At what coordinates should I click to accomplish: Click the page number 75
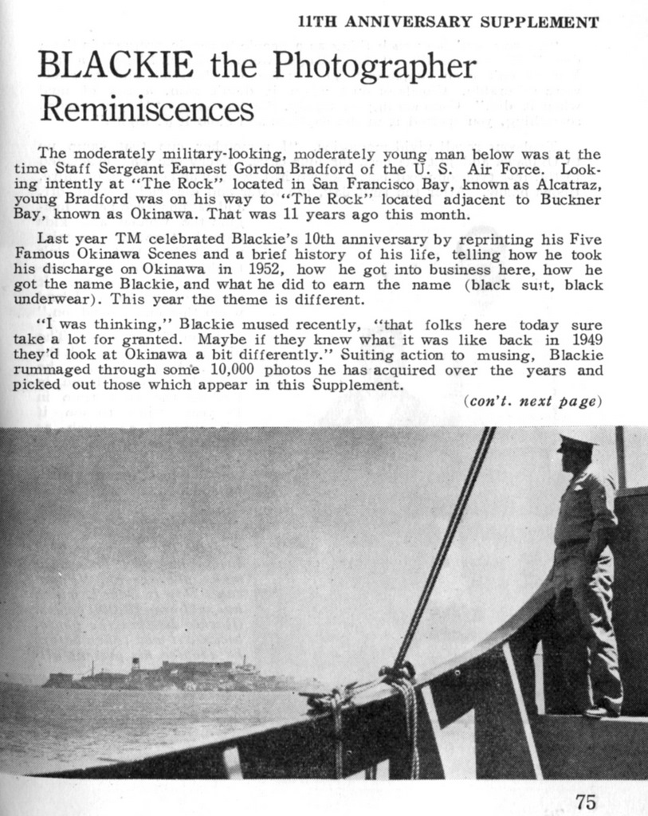click(x=585, y=801)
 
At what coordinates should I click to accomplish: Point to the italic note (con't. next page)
click(x=530, y=402)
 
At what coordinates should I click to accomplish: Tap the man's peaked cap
click(x=577, y=441)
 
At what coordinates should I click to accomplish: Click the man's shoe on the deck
click(x=598, y=710)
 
